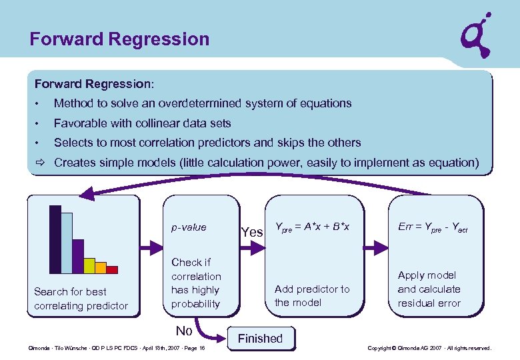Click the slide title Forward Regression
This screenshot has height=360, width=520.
(x=119, y=39)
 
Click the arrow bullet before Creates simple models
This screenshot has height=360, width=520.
(x=40, y=162)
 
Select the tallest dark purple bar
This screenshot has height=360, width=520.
(x=55, y=239)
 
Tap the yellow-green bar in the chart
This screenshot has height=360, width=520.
(x=89, y=266)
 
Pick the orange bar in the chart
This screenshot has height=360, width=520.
(x=101, y=267)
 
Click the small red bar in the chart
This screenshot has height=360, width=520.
(x=112, y=270)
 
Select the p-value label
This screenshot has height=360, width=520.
(x=189, y=227)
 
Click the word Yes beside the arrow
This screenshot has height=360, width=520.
(x=251, y=232)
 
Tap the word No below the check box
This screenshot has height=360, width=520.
(x=184, y=331)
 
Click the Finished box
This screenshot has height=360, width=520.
(x=260, y=338)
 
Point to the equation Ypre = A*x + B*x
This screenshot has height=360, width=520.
(x=312, y=228)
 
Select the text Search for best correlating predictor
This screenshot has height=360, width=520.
(x=81, y=299)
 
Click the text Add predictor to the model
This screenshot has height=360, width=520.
(x=311, y=295)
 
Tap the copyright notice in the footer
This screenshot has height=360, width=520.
(x=429, y=348)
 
